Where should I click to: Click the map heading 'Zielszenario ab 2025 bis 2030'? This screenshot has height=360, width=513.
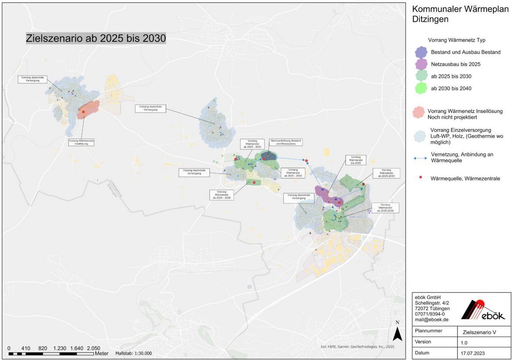point(96,38)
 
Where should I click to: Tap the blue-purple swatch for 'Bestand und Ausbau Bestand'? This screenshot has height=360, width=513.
point(421,52)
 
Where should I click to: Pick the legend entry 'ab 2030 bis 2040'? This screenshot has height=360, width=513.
point(451,89)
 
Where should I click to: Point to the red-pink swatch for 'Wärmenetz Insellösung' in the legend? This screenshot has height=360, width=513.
point(421,113)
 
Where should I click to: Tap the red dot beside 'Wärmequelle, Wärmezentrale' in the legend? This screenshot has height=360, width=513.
point(421,178)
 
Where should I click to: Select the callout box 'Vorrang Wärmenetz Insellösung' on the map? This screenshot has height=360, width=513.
point(81,142)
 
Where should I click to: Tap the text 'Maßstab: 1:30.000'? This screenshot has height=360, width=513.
point(133,353)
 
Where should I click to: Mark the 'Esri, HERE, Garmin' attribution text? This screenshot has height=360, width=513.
point(353,347)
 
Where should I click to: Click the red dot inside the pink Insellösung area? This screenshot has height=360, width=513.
point(83,112)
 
